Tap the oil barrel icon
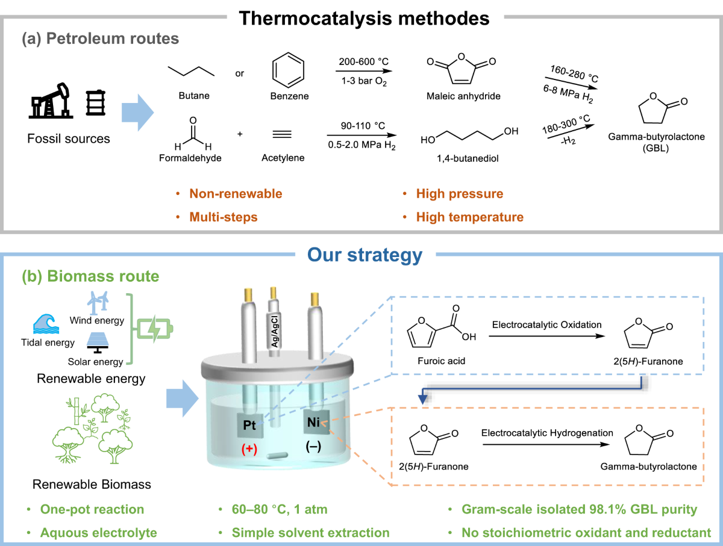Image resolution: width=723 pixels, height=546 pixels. click(x=94, y=103)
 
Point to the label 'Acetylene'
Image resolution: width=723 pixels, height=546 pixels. click(x=283, y=158)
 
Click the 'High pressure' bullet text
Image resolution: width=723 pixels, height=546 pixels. click(x=459, y=194)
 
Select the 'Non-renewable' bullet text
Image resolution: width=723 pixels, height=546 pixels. click(x=236, y=194)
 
